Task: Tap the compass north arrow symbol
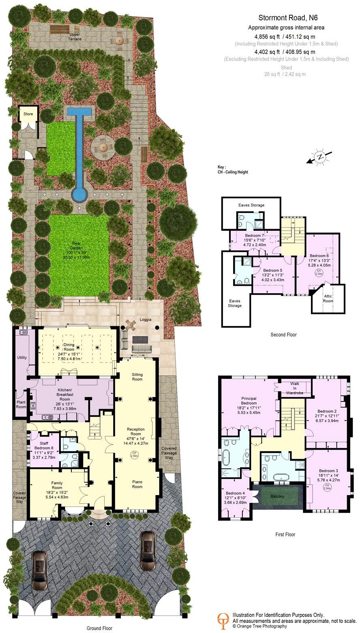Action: click(320, 157)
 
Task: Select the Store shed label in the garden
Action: click(28, 114)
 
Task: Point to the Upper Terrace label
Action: click(75, 37)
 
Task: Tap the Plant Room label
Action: click(21, 404)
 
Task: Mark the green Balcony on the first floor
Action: click(278, 497)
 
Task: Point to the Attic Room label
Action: click(328, 299)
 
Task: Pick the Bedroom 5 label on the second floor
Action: click(272, 270)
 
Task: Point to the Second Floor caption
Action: click(283, 335)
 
